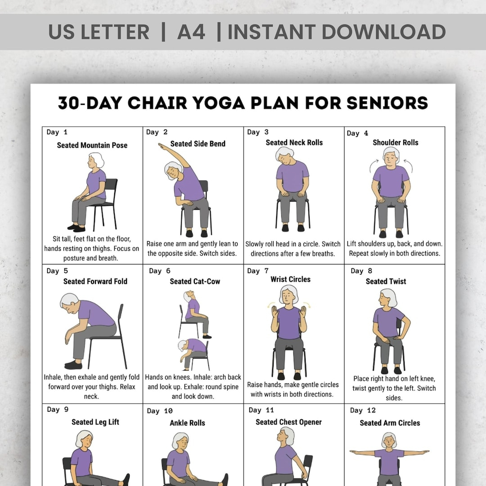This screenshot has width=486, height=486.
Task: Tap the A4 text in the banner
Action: (191, 31)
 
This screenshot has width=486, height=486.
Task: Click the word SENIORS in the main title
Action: (387, 103)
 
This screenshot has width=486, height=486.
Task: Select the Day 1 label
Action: (57, 132)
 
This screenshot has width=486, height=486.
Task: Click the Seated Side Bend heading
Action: (198, 144)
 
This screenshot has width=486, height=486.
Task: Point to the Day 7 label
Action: (258, 271)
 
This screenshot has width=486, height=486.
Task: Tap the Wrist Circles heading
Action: (290, 279)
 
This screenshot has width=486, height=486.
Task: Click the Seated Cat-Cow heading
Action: (195, 281)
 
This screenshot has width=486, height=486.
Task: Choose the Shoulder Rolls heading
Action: (395, 143)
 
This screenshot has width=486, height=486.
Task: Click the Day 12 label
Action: (363, 410)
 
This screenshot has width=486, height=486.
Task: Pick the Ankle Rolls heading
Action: (187, 423)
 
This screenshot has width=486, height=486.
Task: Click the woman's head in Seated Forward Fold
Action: (70, 303)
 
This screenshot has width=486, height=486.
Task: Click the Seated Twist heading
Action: (386, 281)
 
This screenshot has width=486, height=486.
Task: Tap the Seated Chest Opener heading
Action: (288, 422)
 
